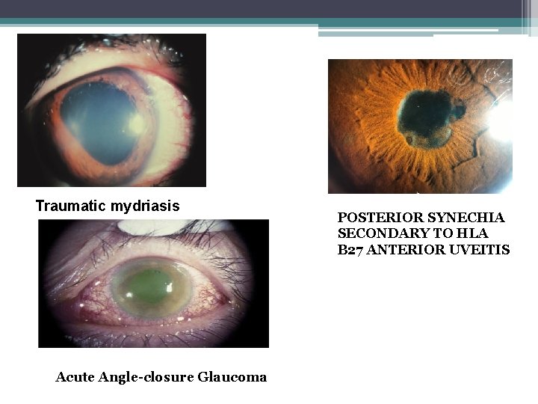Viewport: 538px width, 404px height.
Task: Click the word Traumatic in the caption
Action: tap(71, 206)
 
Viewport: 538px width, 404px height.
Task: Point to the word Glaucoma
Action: tap(232, 377)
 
